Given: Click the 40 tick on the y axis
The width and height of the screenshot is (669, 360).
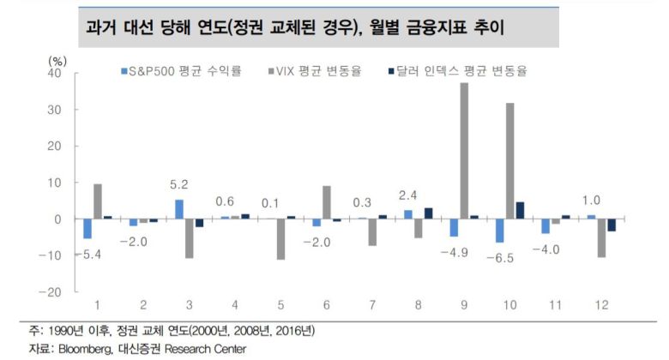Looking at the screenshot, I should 53,74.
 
